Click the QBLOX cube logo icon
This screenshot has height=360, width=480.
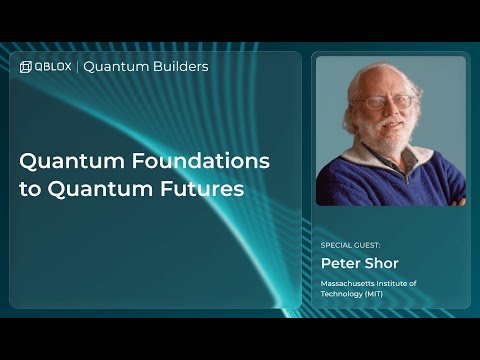[26, 67]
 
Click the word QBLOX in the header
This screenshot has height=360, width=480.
[53, 67]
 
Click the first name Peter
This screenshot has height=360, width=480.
[339, 263]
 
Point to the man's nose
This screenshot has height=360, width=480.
[388, 110]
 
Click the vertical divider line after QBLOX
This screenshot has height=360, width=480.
[77, 67]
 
